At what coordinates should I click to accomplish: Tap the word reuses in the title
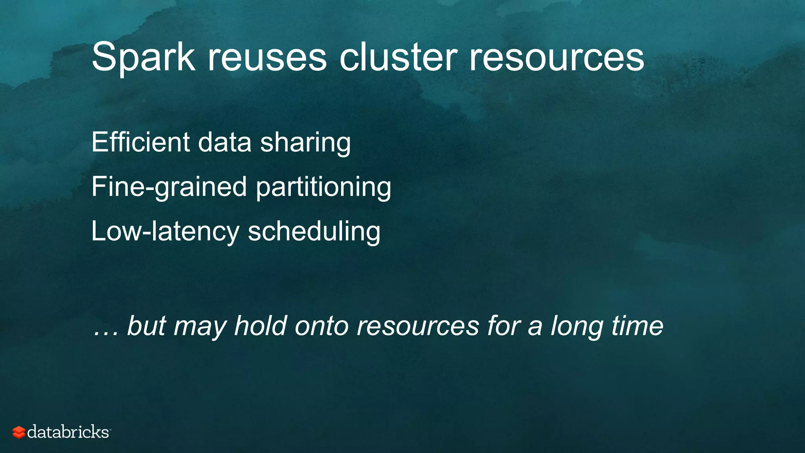(x=267, y=58)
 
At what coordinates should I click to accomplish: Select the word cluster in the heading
(x=398, y=58)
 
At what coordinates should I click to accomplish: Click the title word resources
(x=557, y=58)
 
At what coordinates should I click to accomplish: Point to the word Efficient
(x=140, y=142)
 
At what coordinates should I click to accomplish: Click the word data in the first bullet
(x=224, y=142)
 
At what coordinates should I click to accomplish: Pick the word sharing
(x=305, y=143)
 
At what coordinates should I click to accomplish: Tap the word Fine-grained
(x=169, y=187)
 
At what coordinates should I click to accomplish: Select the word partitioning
(x=323, y=187)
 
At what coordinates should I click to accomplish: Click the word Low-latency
(x=165, y=231)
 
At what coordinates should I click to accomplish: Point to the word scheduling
(x=314, y=231)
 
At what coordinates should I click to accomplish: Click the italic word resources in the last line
(x=418, y=327)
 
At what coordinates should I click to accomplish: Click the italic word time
(x=637, y=326)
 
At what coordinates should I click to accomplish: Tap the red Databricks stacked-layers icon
(x=18, y=432)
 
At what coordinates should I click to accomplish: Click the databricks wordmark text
(x=68, y=432)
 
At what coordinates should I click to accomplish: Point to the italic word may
(x=200, y=327)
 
